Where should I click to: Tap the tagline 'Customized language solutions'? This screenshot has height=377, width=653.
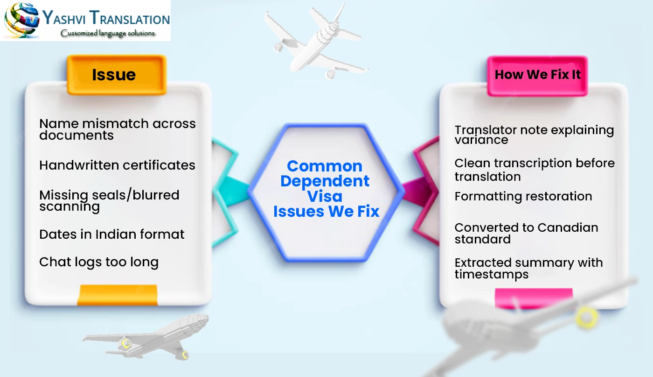pyautogui.click(x=108, y=33)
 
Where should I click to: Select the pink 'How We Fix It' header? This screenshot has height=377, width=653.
pyautogui.click(x=537, y=75)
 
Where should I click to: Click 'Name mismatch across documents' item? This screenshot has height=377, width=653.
pyautogui.click(x=117, y=129)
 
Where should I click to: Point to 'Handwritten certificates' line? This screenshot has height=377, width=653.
pyautogui.click(x=117, y=165)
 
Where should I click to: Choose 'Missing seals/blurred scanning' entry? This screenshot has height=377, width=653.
pyautogui.click(x=109, y=200)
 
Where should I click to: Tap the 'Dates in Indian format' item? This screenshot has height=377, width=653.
pyautogui.click(x=112, y=234)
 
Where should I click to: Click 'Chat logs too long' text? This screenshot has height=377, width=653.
pyautogui.click(x=99, y=262)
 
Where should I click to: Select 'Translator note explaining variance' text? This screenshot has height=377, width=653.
pyautogui.click(x=534, y=135)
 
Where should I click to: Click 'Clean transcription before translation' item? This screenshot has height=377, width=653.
pyautogui.click(x=535, y=170)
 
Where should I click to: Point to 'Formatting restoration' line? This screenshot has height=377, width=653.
pyautogui.click(x=523, y=196)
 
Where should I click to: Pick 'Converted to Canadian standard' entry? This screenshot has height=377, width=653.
pyautogui.click(x=526, y=233)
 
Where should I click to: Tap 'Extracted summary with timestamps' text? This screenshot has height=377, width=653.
pyautogui.click(x=528, y=268)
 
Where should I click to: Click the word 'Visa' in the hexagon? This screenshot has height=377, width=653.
pyautogui.click(x=326, y=196)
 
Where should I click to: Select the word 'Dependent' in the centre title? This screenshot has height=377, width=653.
pyautogui.click(x=326, y=181)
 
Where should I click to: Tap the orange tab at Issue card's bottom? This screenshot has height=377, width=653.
pyautogui.click(x=117, y=295)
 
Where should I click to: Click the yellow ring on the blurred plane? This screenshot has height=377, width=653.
pyautogui.click(x=586, y=317)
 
